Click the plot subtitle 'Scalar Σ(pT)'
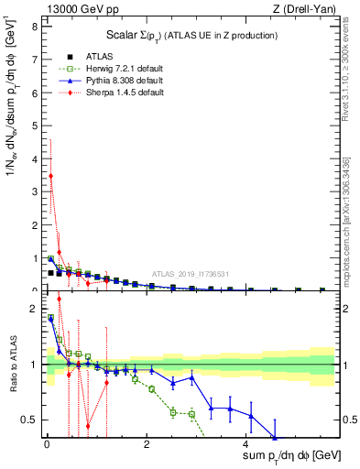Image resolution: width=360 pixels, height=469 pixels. [x=188, y=35]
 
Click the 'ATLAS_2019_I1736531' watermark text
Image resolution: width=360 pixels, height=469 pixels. [x=189, y=273]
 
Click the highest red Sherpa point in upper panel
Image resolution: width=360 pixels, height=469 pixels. [x=50, y=175]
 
